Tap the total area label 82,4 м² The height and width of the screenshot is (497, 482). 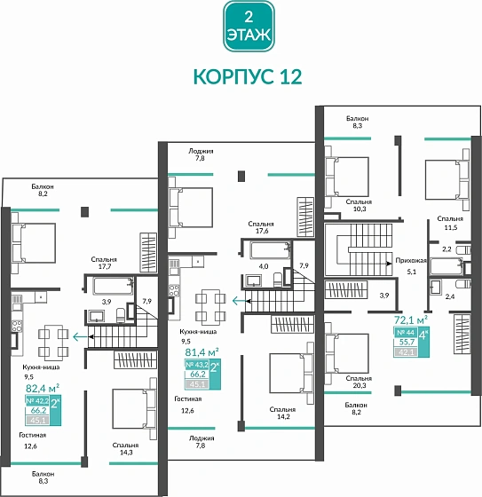click(x=42, y=387)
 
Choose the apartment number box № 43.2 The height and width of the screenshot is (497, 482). click(x=197, y=364)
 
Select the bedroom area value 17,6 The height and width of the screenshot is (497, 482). click(x=260, y=233)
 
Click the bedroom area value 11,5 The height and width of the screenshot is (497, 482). click(x=450, y=228)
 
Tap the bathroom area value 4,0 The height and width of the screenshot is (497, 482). click(x=263, y=265)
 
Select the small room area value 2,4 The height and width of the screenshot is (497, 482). click(x=449, y=296)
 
